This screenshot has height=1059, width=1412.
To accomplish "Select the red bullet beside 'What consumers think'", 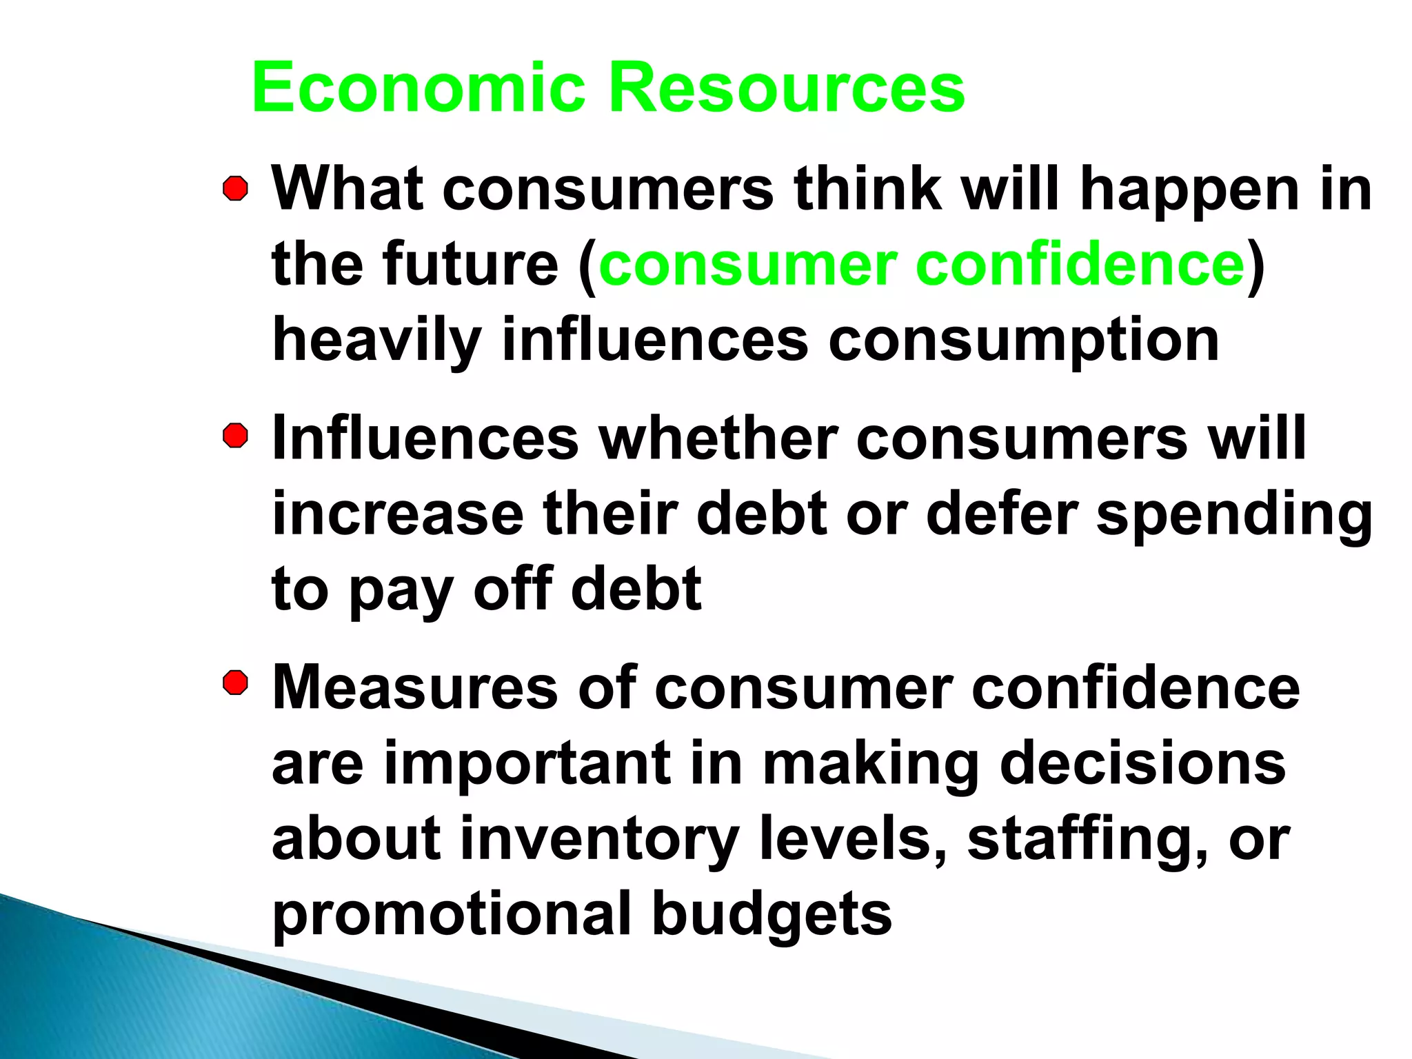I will pyautogui.click(x=236, y=189).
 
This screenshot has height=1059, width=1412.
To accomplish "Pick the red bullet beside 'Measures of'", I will pyautogui.click(x=236, y=684).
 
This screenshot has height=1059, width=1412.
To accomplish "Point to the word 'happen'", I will pyautogui.click(x=1190, y=192).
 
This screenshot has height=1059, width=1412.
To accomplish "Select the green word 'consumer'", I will pyautogui.click(x=747, y=265).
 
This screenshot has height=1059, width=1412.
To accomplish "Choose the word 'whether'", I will pyautogui.click(x=718, y=438).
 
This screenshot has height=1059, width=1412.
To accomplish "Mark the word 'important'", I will pyautogui.click(x=527, y=764).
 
